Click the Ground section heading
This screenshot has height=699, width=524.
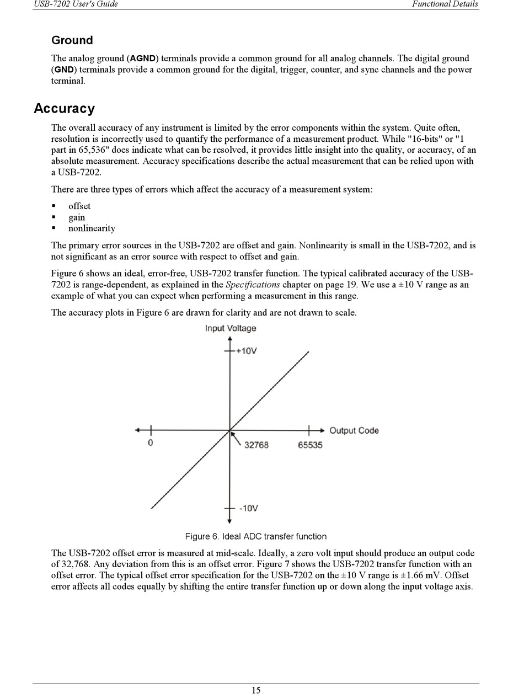72,40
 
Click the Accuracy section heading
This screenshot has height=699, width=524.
64,108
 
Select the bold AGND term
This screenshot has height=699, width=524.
143,58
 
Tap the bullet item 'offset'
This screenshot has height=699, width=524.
79,206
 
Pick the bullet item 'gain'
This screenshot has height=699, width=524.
77,217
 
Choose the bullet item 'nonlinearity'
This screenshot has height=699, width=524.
92,228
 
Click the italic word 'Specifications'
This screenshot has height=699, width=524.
253,285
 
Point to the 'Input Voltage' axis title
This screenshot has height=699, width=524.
231,328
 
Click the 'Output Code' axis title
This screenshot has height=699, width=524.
354,430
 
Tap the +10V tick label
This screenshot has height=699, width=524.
246,351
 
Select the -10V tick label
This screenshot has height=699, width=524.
248,508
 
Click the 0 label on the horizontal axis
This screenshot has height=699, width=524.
151,444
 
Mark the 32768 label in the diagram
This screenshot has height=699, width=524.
256,445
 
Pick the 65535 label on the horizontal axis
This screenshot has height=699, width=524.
310,445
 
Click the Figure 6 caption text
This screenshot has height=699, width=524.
255,536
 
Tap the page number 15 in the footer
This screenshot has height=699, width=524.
256,690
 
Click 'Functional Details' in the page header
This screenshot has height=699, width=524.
445,4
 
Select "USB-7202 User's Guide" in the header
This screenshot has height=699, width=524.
76,4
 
